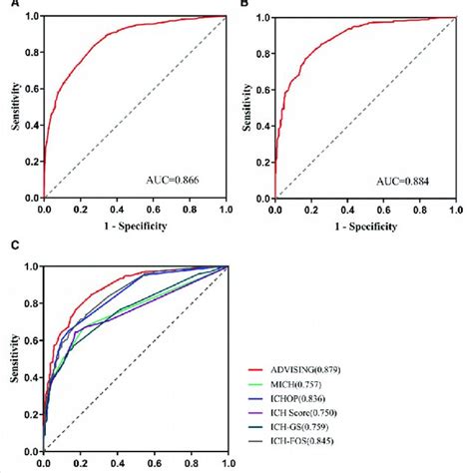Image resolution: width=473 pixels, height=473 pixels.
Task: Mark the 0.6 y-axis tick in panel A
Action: click(x=31, y=89)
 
